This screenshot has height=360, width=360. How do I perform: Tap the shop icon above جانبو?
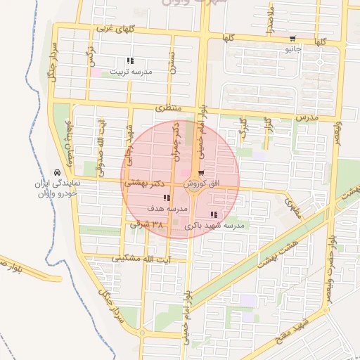(x=292, y=38)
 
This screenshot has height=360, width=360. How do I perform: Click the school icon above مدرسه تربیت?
(x=129, y=61)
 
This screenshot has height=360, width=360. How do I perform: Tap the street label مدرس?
(x=307, y=117)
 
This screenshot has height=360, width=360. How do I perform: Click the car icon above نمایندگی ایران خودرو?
(x=57, y=172)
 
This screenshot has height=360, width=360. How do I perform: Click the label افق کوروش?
(x=202, y=184)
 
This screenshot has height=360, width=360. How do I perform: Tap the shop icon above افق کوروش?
(x=202, y=172)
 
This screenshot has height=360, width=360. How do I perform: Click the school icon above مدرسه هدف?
(x=166, y=198)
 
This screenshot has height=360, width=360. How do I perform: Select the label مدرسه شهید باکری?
(x=214, y=226)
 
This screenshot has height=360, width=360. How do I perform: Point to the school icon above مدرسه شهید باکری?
(x=214, y=215)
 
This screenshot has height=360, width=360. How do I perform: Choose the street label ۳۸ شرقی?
(x=147, y=225)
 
